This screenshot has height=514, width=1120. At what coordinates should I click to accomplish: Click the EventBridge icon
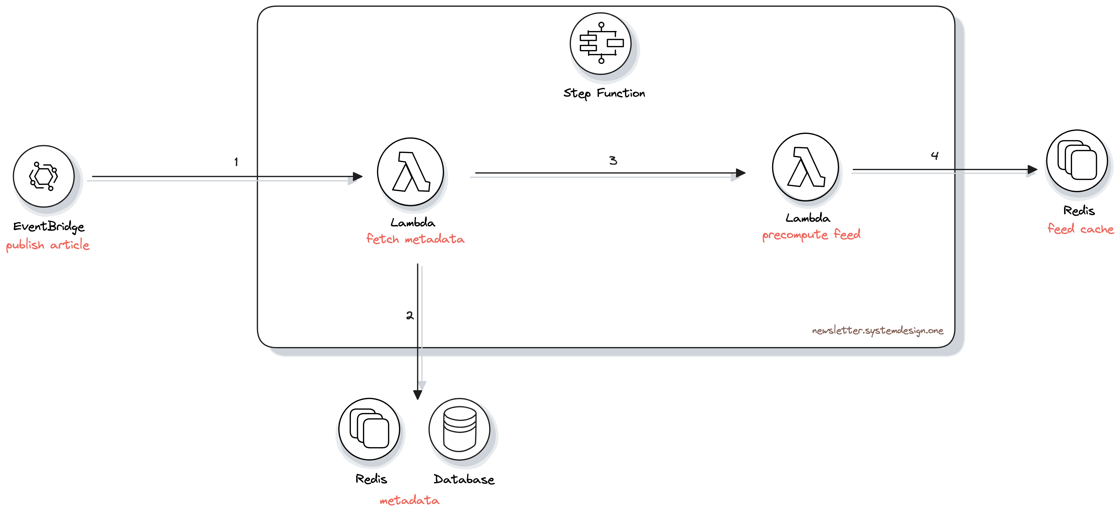pyautogui.click(x=43, y=176)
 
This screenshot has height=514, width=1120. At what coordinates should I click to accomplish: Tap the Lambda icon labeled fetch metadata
pyautogui.click(x=411, y=172)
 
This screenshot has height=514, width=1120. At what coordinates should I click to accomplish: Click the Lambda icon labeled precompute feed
pyautogui.click(x=805, y=167)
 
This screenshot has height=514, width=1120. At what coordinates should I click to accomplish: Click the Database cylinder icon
pyautogui.click(x=459, y=429)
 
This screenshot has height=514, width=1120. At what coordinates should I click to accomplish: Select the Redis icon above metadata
pyautogui.click(x=369, y=429)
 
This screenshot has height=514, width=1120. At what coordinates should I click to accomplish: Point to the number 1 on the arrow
pyautogui.click(x=236, y=162)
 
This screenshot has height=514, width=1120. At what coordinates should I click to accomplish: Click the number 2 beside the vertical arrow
pyautogui.click(x=410, y=315)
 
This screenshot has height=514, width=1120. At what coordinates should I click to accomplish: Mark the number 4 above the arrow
pyautogui.click(x=935, y=156)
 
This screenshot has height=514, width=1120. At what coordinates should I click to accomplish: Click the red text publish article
pyautogui.click(x=48, y=245)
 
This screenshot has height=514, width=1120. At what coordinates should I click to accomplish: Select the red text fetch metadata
pyautogui.click(x=415, y=239)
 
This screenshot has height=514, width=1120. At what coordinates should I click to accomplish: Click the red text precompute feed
pyautogui.click(x=811, y=235)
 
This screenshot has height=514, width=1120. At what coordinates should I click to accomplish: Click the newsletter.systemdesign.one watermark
pyautogui.click(x=877, y=331)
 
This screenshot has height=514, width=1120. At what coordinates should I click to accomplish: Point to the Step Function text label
pyautogui.click(x=604, y=93)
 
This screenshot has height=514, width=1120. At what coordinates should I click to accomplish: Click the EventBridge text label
pyautogui.click(x=49, y=226)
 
